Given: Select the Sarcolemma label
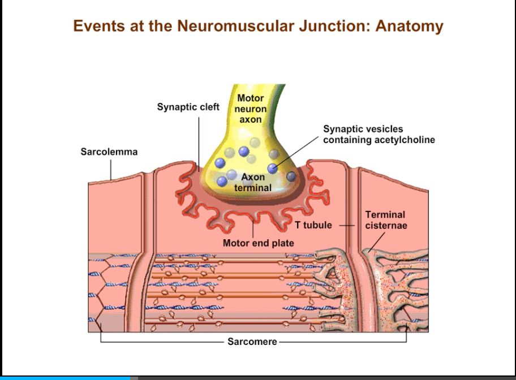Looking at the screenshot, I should pos(109,152).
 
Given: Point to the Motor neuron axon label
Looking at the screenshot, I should pos(250,109).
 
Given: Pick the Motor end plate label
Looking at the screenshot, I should pos(258,243).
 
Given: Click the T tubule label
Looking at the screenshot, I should pos(313,225).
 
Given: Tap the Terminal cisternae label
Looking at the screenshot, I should pos(385,220).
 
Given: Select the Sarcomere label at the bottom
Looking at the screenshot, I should pos(252,342).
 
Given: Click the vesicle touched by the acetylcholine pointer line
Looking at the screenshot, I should pos(273,167).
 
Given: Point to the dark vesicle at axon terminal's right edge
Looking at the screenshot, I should pos(291,176).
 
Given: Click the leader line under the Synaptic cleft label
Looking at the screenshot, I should pos(199,141).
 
